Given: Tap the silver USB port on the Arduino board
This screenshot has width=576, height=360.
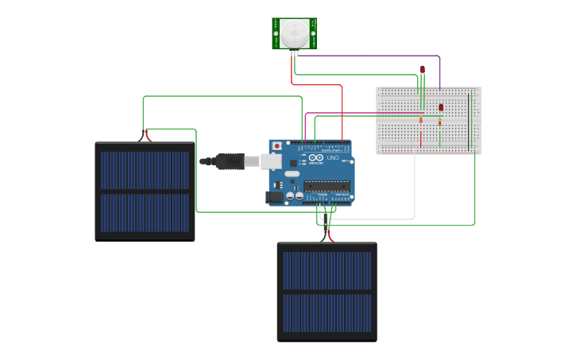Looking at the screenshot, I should click(272, 161).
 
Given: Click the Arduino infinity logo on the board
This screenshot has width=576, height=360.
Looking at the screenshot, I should click(316, 158).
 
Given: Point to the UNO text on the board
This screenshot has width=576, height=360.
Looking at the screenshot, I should click(333, 158).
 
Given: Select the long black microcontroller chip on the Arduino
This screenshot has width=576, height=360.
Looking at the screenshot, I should click(326, 187).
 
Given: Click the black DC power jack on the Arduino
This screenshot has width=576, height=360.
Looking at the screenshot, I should click(275, 196).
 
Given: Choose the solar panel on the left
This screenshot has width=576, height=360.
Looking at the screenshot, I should click(145, 191).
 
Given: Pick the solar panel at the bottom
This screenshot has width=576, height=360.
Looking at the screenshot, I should click(327, 292).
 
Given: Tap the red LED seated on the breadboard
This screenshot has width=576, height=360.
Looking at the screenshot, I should click(441, 106).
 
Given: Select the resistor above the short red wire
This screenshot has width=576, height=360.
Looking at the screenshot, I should click(421, 120).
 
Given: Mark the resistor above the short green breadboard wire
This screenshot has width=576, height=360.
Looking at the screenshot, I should click(440, 122).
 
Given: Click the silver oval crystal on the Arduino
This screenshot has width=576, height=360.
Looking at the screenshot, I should click(292, 173).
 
